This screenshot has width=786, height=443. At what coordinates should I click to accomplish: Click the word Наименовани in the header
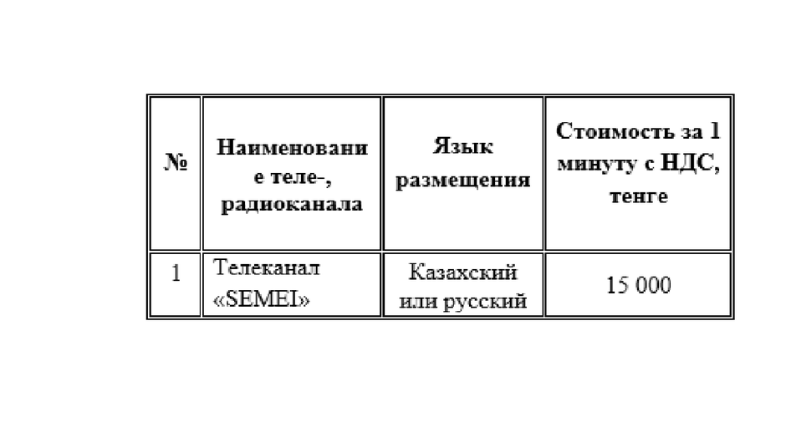pyautogui.click(x=292, y=149)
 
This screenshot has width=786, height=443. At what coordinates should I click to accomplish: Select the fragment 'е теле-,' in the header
pyautogui.click(x=292, y=177)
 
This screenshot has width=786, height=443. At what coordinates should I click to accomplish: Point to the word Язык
pyautogui.click(x=462, y=148)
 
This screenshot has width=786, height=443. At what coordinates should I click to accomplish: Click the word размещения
pyautogui.click(x=462, y=181)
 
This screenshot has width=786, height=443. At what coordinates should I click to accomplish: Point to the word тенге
pyautogui.click(x=638, y=196)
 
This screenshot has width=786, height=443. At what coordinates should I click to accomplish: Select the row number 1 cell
pyautogui.click(x=176, y=275)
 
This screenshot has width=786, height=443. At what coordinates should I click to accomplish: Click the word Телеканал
pyautogui.click(x=267, y=268)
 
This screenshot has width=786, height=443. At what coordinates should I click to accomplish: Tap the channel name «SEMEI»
pyautogui.click(x=262, y=298)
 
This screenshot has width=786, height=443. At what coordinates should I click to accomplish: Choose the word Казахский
pyautogui.click(x=463, y=272)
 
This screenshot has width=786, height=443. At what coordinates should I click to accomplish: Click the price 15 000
pyautogui.click(x=638, y=286)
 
